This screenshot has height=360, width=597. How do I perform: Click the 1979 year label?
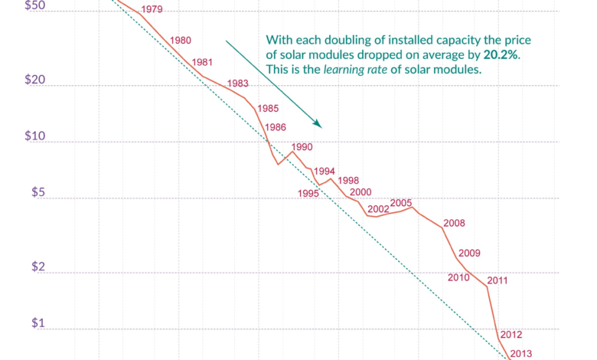[x=152, y=9]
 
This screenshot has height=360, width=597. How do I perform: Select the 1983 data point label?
[x=238, y=83]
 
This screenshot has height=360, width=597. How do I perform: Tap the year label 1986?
[x=276, y=127]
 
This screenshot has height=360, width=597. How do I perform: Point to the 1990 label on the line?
[x=302, y=147]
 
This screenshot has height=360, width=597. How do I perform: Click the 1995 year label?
[x=308, y=194]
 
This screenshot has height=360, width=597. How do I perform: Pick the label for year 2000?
[x=360, y=192]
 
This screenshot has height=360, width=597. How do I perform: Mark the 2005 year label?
[x=401, y=203]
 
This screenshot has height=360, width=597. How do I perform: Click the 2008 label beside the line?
[x=455, y=223]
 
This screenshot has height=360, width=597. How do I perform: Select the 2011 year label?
[x=497, y=280]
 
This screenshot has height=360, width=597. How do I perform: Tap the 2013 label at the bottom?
[x=520, y=353]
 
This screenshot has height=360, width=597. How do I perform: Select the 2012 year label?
[x=511, y=335]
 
